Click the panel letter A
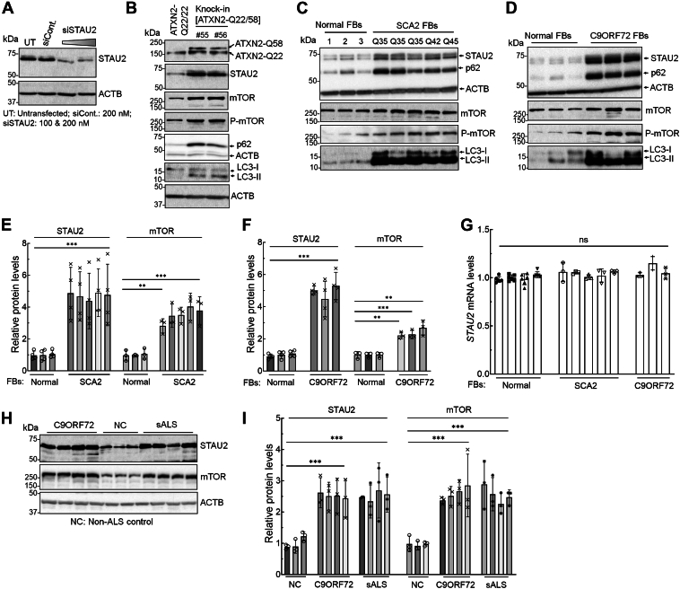(x=8, y=8)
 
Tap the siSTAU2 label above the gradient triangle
(x=80, y=30)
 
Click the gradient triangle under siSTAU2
(x=79, y=41)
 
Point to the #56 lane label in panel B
(x=221, y=35)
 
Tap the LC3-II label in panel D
(x=662, y=158)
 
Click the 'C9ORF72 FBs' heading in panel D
(x=619, y=36)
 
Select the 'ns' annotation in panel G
(x=584, y=240)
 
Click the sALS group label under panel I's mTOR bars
(x=496, y=585)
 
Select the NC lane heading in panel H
(x=120, y=426)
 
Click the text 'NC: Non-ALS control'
(x=111, y=522)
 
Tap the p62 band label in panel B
(x=244, y=144)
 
